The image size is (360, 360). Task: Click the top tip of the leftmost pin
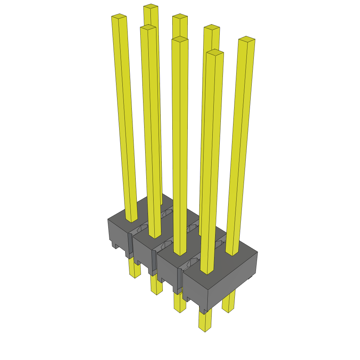coord(119,16)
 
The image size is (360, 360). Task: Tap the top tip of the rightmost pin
coord(246,39)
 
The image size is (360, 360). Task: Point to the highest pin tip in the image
coord(150,6)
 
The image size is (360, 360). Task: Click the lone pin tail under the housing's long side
coord(229,303)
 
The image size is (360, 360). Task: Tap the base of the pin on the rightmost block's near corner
coord(207,272)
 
